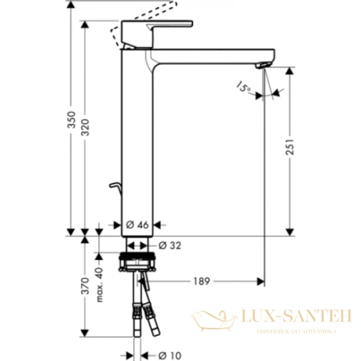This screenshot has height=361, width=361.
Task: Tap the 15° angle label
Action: [x=243, y=88]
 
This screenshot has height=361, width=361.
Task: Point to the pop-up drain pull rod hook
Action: [x=116, y=187]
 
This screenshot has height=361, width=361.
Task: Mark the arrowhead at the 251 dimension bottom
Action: [x=290, y=230]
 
